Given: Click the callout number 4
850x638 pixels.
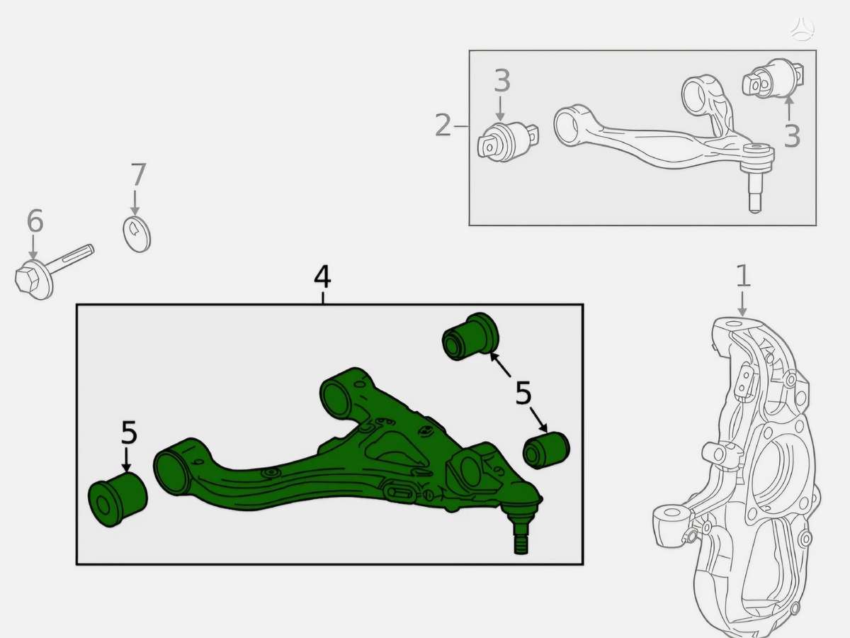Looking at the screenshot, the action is [322, 277].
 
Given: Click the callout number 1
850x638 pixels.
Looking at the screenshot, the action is [743, 276].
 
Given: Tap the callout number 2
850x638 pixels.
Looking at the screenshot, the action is [443, 125].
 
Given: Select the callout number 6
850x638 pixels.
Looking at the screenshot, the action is [35, 220].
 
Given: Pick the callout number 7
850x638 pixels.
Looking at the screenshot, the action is [138, 174].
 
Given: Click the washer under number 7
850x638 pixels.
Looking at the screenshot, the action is [137, 235].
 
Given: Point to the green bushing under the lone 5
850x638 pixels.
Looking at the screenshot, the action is [118, 499].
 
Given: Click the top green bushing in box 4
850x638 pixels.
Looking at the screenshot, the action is [470, 337].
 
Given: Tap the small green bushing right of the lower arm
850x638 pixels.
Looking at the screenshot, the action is [546, 450].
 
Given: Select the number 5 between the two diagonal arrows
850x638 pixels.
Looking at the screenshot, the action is [523, 393].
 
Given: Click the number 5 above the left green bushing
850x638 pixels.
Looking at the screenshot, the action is [129, 432].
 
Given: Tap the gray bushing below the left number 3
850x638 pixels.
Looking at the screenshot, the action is [508, 141].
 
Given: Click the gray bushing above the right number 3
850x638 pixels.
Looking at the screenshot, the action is [773, 79].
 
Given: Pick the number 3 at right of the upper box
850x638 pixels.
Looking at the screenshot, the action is [792, 135].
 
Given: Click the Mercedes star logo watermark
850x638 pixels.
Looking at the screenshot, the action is [803, 28].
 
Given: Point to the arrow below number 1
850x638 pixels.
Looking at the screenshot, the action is [742, 304].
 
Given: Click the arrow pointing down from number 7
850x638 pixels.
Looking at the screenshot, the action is [135, 202].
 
